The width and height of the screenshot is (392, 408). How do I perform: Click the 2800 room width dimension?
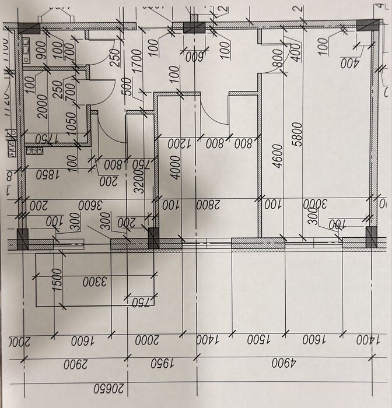[207, 205]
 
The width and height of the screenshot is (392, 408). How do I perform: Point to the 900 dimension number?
[41, 51]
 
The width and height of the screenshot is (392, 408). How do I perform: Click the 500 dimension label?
[128, 86]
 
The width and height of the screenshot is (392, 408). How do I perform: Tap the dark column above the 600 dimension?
[191, 27]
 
